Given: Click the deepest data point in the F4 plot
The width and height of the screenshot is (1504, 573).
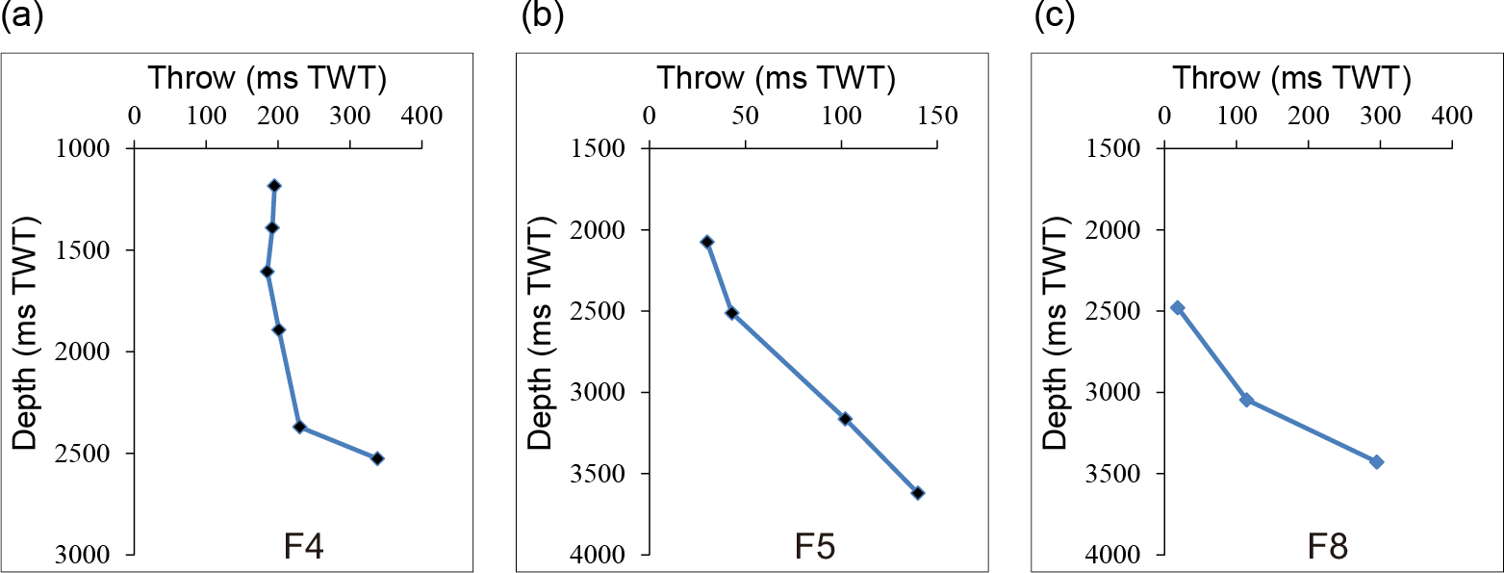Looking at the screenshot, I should click(377, 458).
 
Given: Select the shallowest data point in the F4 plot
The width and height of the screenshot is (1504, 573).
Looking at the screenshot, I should click(274, 185).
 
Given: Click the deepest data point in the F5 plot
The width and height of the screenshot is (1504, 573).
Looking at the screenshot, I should click(918, 493).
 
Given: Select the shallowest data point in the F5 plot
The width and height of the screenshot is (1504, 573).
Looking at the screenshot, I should click(707, 242).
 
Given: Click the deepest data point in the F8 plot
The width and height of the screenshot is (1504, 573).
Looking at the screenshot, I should click(1377, 462).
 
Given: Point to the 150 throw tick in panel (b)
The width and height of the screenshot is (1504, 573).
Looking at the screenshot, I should click(937, 116).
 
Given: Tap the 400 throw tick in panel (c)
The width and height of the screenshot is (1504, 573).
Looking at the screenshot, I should click(1452, 116).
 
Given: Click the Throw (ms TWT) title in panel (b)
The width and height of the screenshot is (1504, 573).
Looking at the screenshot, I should click(776, 77).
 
